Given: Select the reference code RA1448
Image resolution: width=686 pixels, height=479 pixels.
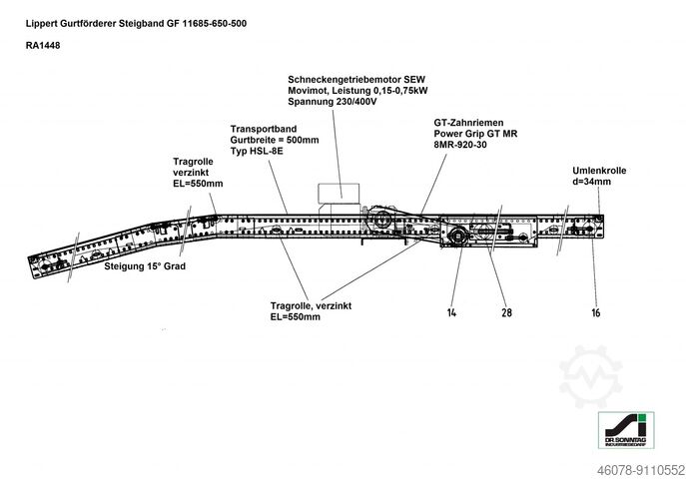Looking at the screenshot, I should (x=43, y=45).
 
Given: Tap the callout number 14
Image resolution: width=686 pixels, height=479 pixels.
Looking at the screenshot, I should (x=451, y=312).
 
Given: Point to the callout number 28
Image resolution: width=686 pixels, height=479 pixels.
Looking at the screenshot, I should (x=506, y=312).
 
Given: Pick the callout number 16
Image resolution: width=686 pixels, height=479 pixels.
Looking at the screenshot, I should (x=595, y=312).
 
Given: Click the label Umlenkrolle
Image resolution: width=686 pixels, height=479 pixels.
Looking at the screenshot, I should (x=599, y=171).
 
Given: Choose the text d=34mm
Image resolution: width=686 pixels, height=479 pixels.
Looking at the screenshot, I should (x=592, y=183).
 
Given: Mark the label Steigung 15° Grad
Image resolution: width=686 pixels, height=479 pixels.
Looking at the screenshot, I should (x=145, y=267).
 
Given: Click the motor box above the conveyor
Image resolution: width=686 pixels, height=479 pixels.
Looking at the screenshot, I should (x=337, y=192).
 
